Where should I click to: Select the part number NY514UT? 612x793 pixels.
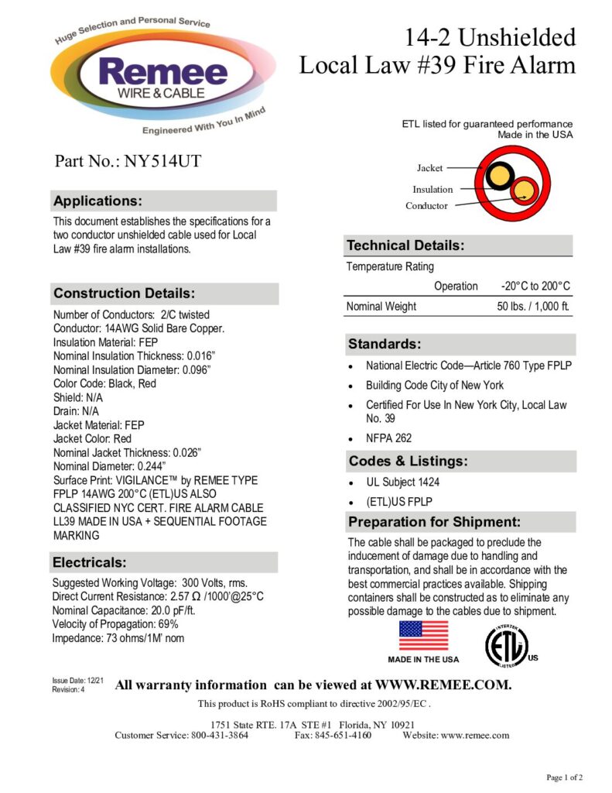pyautogui.click(x=163, y=161)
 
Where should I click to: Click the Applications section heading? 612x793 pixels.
pyautogui.click(x=97, y=201)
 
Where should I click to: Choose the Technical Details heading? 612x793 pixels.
pyautogui.click(x=405, y=245)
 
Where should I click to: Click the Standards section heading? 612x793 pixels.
pyautogui.click(x=385, y=344)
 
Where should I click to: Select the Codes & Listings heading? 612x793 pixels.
pyautogui.click(x=408, y=462)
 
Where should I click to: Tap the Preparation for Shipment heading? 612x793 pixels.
pyautogui.click(x=434, y=521)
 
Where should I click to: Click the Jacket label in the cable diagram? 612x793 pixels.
pyautogui.click(x=429, y=168)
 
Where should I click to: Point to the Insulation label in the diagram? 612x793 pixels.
pyautogui.click(x=433, y=189)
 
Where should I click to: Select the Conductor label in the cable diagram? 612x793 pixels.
pyautogui.click(x=426, y=206)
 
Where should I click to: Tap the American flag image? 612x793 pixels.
pyautogui.click(x=423, y=635)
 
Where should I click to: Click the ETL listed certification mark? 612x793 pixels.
pyautogui.click(x=506, y=642)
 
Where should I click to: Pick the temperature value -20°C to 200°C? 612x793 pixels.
pyautogui.click(x=535, y=286)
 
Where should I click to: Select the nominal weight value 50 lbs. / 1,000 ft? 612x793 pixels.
pyautogui.click(x=533, y=307)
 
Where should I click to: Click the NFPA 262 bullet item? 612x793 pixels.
pyautogui.click(x=388, y=438)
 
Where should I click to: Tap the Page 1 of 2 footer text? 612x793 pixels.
pyautogui.click(x=565, y=777)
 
